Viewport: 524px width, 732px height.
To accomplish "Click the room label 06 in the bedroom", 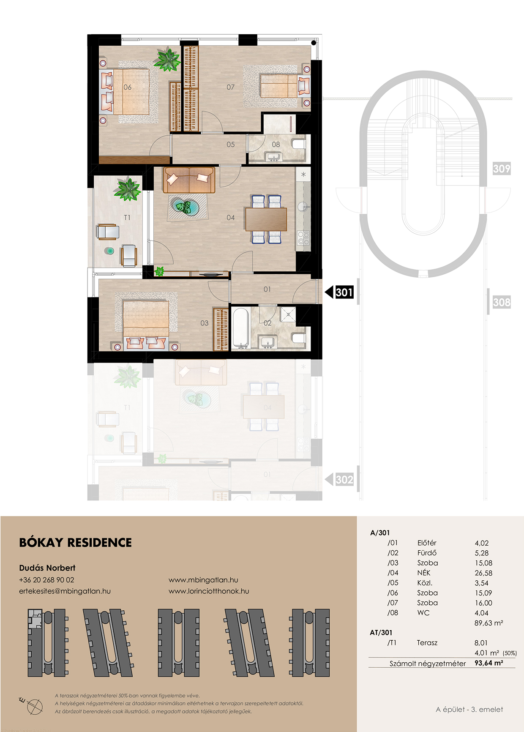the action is click(127, 87).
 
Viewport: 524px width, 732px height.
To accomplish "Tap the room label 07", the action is click(230, 87).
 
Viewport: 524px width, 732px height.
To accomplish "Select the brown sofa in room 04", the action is click(189, 180).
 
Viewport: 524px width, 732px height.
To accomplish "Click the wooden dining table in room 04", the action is click(266, 219).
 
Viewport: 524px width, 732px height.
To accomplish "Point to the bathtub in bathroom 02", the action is click(241, 328).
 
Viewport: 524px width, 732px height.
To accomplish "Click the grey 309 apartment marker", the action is click(502, 169).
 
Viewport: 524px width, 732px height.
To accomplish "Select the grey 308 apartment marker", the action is click(502, 302).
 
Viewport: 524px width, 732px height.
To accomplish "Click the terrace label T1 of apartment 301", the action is click(127, 218).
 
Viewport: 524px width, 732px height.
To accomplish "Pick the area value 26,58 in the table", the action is click(483, 573).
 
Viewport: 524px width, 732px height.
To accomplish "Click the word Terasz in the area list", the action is click(427, 643).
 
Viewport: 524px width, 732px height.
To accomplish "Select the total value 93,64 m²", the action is click(489, 663).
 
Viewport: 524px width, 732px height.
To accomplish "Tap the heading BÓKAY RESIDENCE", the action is click(76, 543).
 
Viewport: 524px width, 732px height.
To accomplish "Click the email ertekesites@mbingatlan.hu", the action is click(65, 591).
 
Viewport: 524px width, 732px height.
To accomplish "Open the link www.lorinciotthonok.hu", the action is click(209, 591).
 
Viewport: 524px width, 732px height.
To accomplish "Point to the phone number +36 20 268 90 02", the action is click(46, 580).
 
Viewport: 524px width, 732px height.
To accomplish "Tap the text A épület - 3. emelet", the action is click(469, 710).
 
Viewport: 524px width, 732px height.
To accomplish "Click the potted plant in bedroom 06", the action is click(167, 59).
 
